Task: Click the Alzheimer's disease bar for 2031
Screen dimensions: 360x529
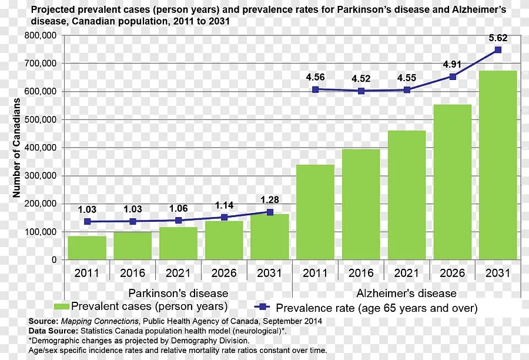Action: (x=498, y=165)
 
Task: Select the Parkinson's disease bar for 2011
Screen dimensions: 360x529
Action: (x=87, y=248)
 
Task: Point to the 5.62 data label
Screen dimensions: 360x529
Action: (x=498, y=38)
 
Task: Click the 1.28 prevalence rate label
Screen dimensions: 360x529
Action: (x=270, y=200)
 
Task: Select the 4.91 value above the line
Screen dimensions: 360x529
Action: (x=453, y=65)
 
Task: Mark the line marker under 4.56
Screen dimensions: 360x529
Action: (x=316, y=89)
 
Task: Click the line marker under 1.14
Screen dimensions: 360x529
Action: (x=224, y=217)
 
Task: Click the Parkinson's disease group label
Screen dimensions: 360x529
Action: (x=178, y=293)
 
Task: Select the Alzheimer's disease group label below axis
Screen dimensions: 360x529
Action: (x=406, y=293)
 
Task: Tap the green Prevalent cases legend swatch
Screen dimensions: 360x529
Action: (x=61, y=306)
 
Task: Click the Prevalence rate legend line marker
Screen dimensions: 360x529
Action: (x=263, y=307)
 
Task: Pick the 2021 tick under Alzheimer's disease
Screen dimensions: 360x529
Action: (x=406, y=273)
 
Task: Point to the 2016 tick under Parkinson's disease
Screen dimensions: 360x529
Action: (x=132, y=273)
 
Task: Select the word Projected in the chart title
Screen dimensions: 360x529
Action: (x=51, y=9)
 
